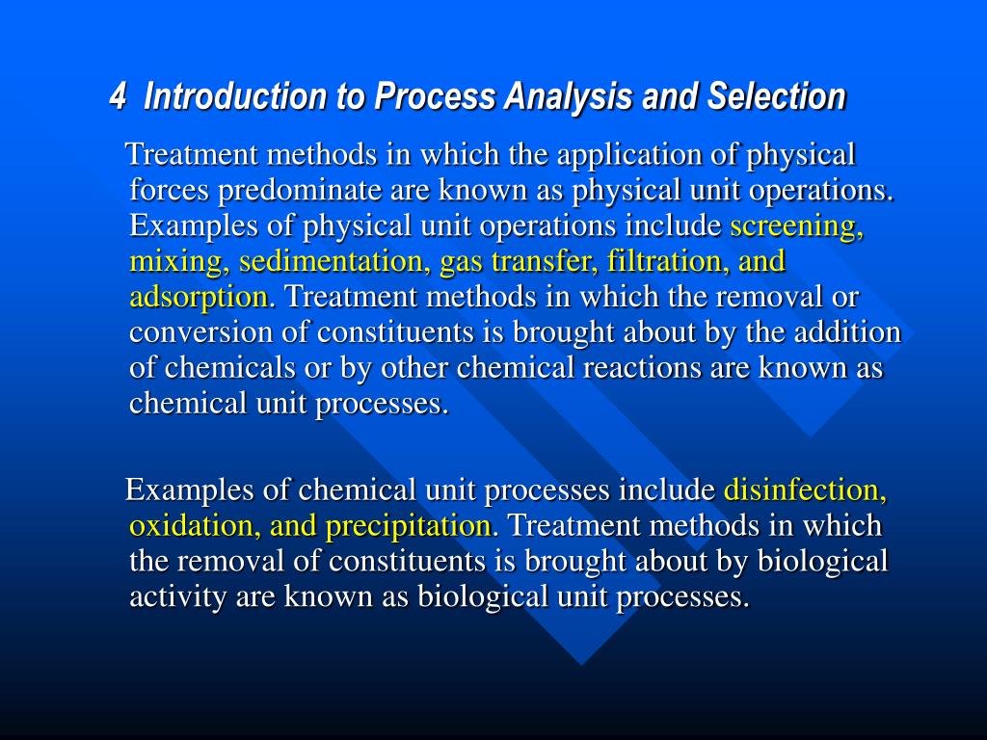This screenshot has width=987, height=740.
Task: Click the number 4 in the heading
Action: click(117, 96)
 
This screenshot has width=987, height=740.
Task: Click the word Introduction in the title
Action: click(235, 96)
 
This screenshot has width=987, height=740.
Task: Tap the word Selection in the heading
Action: click(776, 96)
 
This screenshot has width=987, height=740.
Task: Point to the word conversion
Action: click(200, 332)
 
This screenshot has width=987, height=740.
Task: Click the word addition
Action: click(847, 331)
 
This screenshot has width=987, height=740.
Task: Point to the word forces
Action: click(169, 190)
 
